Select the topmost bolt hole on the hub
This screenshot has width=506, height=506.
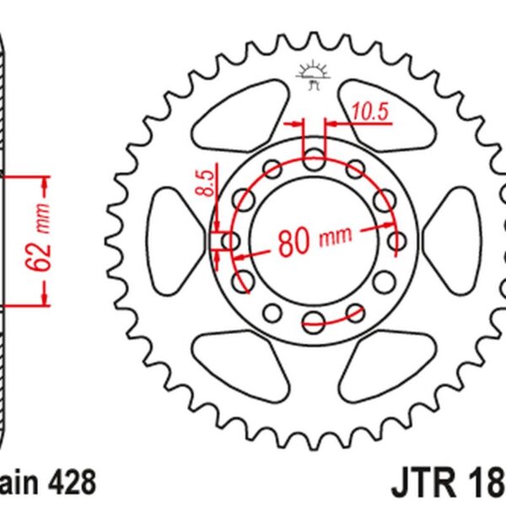(x=313, y=158)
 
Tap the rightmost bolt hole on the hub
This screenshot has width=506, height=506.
(x=396, y=242)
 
